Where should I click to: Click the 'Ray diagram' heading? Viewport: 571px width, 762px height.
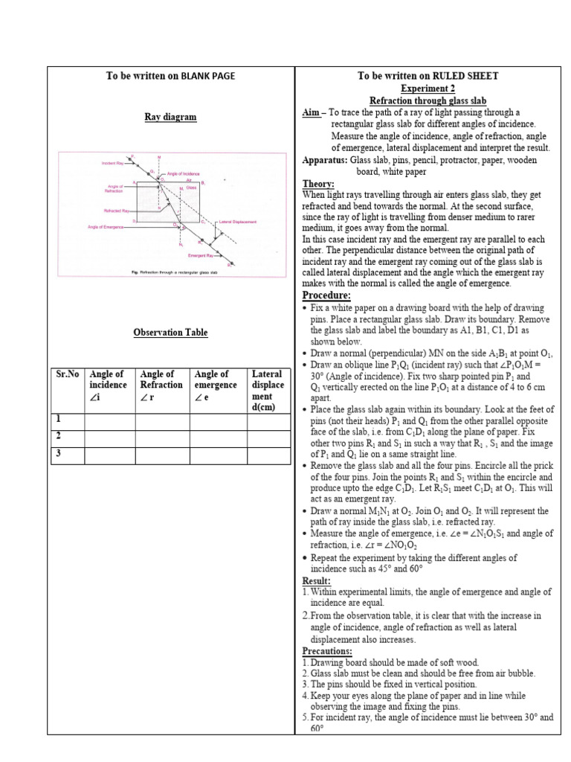click(170, 117)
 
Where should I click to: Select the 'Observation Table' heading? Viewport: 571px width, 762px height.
click(170, 333)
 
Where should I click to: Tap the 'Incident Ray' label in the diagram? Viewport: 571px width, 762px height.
click(111, 162)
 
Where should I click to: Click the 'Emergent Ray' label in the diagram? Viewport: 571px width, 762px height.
click(202, 255)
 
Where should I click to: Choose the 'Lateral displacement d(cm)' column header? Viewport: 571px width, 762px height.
click(268, 391)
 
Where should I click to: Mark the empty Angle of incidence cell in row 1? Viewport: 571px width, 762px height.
click(109, 422)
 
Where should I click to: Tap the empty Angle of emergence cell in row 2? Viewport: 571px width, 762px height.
click(217, 439)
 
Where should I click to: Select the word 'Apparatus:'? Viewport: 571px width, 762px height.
click(325, 160)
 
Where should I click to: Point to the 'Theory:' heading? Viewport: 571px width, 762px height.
click(318, 184)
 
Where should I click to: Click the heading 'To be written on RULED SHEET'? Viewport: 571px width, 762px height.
click(428, 76)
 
